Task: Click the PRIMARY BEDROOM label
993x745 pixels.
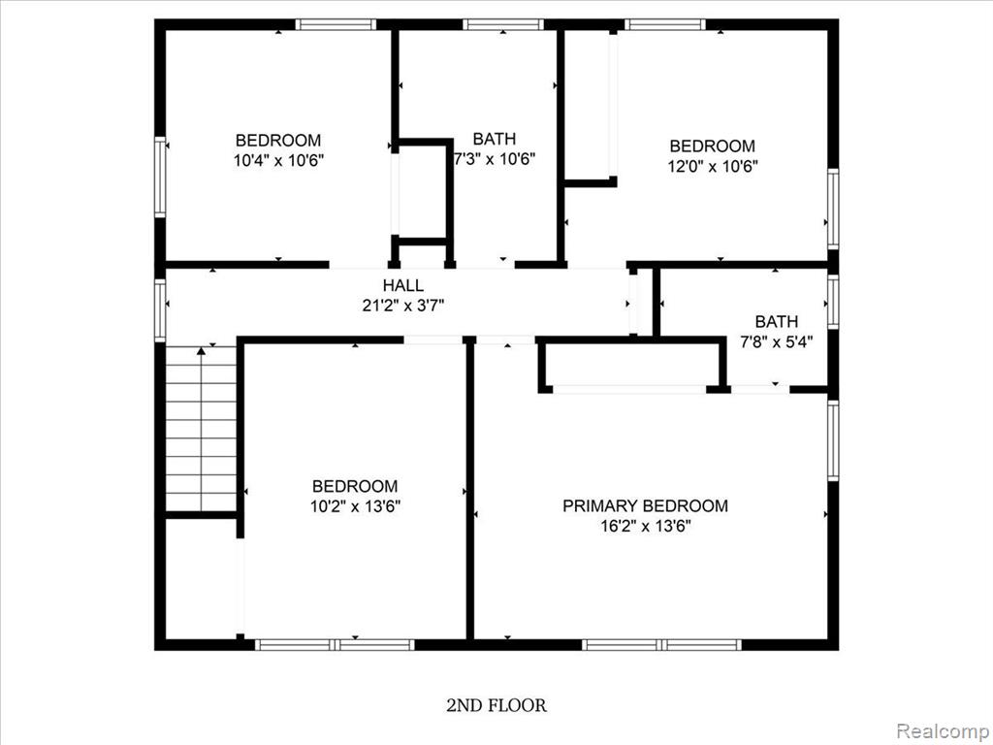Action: (645, 505)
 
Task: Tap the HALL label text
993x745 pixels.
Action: (402, 285)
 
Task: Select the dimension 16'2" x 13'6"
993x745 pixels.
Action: (645, 526)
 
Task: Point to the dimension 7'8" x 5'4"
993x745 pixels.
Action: (777, 342)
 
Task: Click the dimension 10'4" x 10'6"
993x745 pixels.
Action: (278, 160)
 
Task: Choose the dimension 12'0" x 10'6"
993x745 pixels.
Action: (713, 167)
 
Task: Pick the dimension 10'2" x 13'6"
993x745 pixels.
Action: (355, 506)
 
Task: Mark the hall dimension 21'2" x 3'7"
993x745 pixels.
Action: (402, 306)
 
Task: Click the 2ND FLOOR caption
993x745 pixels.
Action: (496, 705)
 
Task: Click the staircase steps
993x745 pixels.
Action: (201, 428)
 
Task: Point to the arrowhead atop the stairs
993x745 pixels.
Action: (201, 350)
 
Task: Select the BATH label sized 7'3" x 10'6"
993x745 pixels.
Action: (495, 139)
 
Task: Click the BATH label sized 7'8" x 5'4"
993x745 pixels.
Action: (777, 321)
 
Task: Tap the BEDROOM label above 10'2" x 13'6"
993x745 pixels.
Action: (355, 486)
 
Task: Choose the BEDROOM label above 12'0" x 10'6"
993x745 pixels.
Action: (713, 146)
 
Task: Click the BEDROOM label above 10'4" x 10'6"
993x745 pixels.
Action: (278, 140)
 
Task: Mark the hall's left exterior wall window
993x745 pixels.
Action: (160, 310)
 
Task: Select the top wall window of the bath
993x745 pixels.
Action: (503, 24)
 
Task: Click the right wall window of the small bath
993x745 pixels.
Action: (833, 302)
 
